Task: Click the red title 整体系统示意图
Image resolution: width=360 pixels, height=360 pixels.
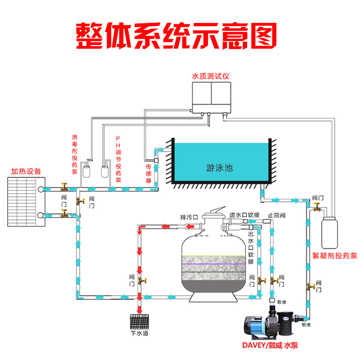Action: click(176, 36)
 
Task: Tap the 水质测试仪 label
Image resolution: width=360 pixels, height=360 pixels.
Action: click(211, 76)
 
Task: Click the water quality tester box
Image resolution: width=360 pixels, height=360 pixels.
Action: click(211, 98)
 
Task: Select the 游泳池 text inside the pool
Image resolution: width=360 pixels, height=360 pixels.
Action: click(220, 168)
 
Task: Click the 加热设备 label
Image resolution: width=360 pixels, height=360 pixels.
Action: click(26, 171)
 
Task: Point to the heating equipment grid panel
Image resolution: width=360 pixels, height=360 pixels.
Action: click(27, 202)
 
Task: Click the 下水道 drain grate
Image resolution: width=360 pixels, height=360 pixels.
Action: click(139, 321)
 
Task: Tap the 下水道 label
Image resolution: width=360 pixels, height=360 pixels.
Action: click(139, 333)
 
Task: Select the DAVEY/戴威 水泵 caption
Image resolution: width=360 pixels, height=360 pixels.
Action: click(270, 345)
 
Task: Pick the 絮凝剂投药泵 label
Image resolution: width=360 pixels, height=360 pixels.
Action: click(335, 256)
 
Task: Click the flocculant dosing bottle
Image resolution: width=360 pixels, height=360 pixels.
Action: click(329, 233)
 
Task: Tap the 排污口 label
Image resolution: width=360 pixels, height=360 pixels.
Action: click(189, 217)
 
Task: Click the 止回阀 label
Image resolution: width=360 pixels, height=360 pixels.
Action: click(277, 216)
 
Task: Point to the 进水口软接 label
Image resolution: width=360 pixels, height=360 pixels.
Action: click(244, 215)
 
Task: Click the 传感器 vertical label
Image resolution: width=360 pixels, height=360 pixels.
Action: click(148, 173)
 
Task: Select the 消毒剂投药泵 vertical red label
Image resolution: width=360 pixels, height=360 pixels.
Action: click(75, 154)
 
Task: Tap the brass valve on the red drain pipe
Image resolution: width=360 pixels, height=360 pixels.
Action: click(142, 280)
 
